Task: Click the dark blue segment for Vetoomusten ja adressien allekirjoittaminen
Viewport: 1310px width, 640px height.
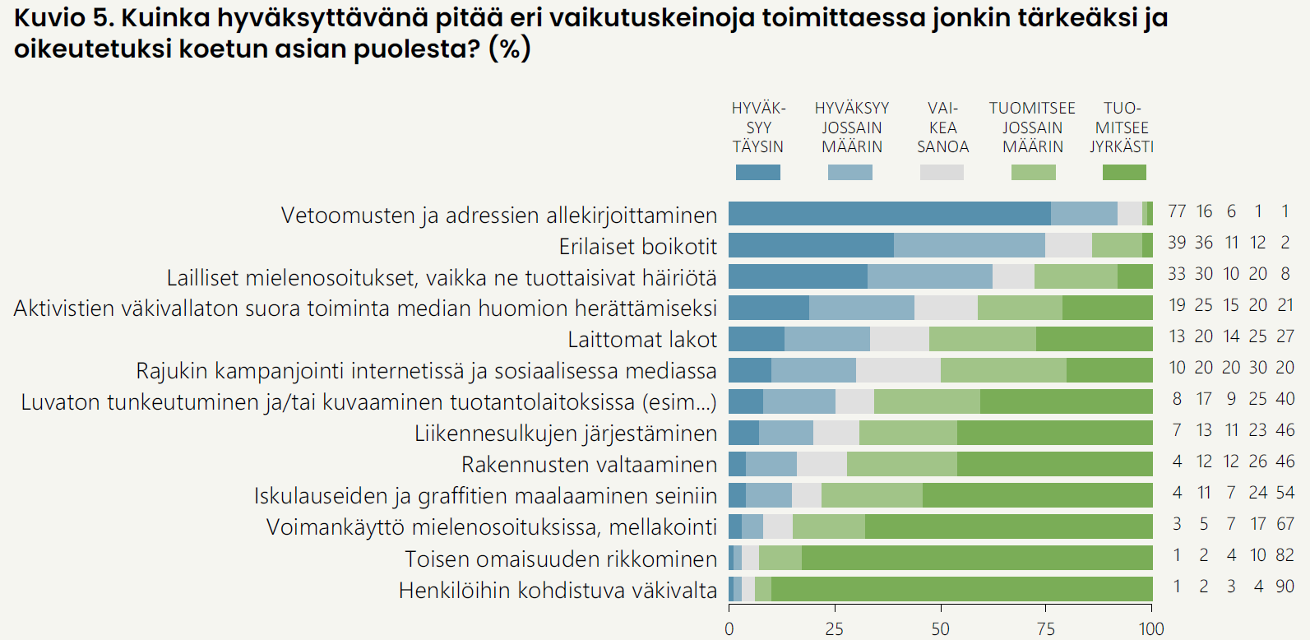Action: pos(889,213)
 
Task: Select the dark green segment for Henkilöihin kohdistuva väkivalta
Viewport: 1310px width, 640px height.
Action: pos(961,589)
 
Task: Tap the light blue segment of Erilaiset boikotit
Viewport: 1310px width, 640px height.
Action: pos(969,245)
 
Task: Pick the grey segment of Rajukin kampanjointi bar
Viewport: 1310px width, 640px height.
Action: pos(898,370)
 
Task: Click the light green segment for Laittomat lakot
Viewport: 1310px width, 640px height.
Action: pos(982,339)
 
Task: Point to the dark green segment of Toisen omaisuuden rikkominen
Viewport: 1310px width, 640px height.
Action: pos(977,558)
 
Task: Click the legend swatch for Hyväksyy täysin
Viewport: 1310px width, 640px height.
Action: pos(757,172)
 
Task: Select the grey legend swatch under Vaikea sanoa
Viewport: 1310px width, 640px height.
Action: pos(942,172)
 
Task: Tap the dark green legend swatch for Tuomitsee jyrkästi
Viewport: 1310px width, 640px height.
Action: pos(1123,172)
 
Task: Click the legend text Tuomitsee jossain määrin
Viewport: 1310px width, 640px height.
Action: pos(1032,128)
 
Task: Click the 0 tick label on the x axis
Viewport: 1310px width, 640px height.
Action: pos(729,629)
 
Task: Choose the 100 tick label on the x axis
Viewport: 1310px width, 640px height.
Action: pos(1151,629)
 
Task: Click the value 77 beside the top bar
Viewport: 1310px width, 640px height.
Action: pos(1177,211)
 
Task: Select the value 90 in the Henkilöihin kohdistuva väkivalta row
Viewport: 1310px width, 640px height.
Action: pos(1285,587)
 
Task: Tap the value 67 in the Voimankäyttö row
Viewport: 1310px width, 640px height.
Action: pos(1285,524)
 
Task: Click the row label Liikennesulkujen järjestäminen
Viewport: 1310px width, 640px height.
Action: pos(566,434)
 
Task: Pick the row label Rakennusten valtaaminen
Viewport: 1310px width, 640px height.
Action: pos(589,465)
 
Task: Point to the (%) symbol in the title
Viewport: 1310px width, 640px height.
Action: pos(510,49)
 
